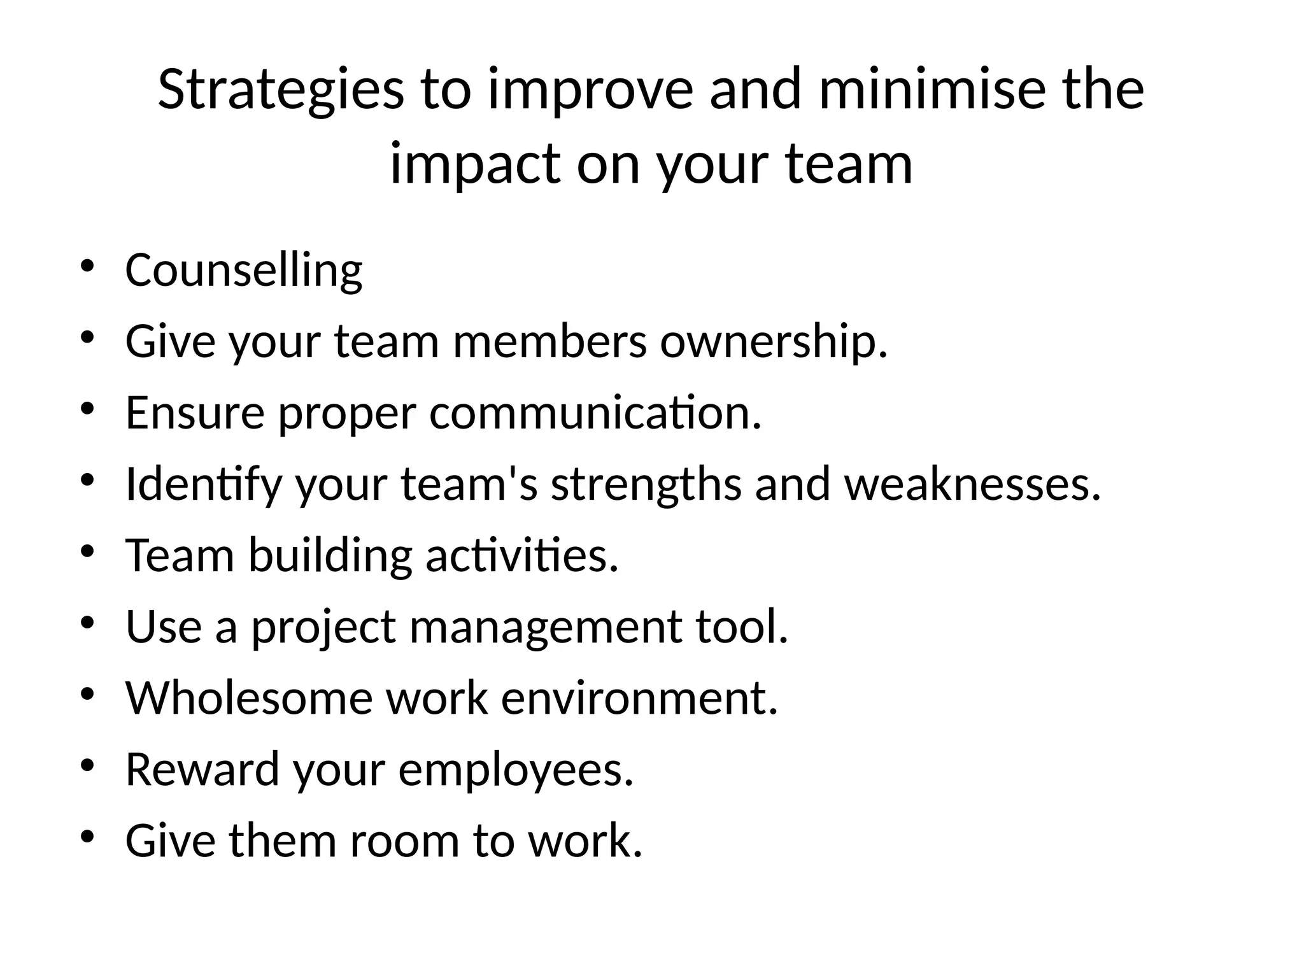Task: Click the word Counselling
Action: pos(244,270)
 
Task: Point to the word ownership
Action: pos(773,341)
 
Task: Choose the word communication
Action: pos(595,413)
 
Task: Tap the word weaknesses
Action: pos(972,484)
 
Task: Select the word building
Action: pos(330,555)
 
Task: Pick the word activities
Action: pos(521,555)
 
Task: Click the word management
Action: pos(545,627)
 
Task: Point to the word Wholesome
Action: pos(248,698)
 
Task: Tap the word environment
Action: pos(639,698)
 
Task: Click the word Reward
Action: pos(202,769)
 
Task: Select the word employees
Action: pos(516,769)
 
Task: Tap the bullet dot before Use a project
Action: pos(87,622)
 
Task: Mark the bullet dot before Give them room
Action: pos(87,836)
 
